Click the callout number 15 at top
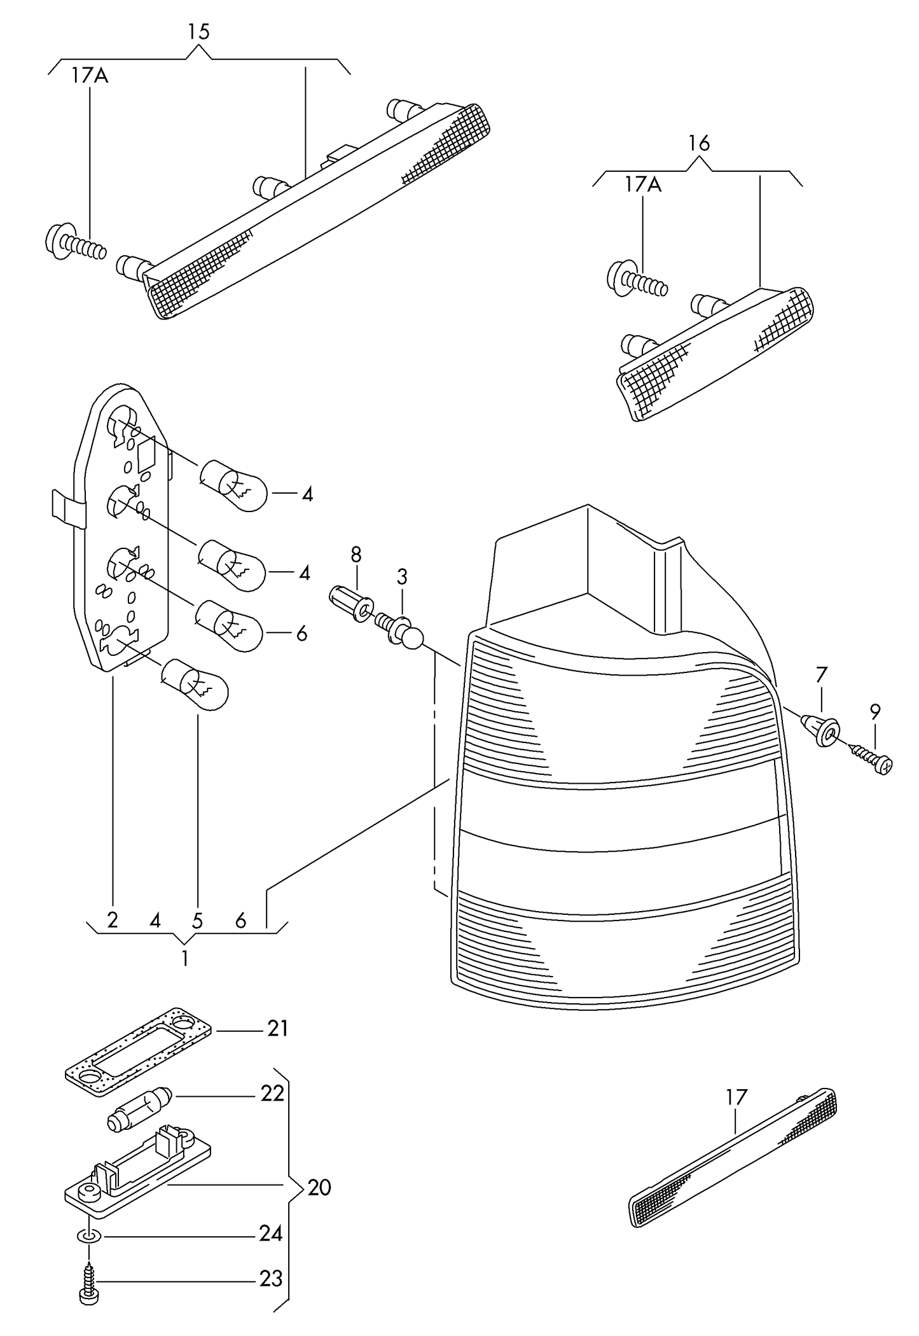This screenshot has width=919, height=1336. (x=198, y=32)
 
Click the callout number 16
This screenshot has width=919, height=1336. (x=698, y=144)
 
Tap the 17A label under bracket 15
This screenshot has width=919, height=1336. (x=90, y=76)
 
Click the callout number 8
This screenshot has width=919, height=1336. (x=356, y=555)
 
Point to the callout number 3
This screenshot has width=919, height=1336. (x=402, y=578)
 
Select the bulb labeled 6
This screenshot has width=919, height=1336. (x=229, y=624)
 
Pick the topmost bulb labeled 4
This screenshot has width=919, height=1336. (x=233, y=487)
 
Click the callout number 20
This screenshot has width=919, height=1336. (x=319, y=1187)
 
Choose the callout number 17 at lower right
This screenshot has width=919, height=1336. (x=736, y=1097)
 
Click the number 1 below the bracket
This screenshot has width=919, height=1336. (x=184, y=959)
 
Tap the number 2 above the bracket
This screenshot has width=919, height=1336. (x=113, y=921)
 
